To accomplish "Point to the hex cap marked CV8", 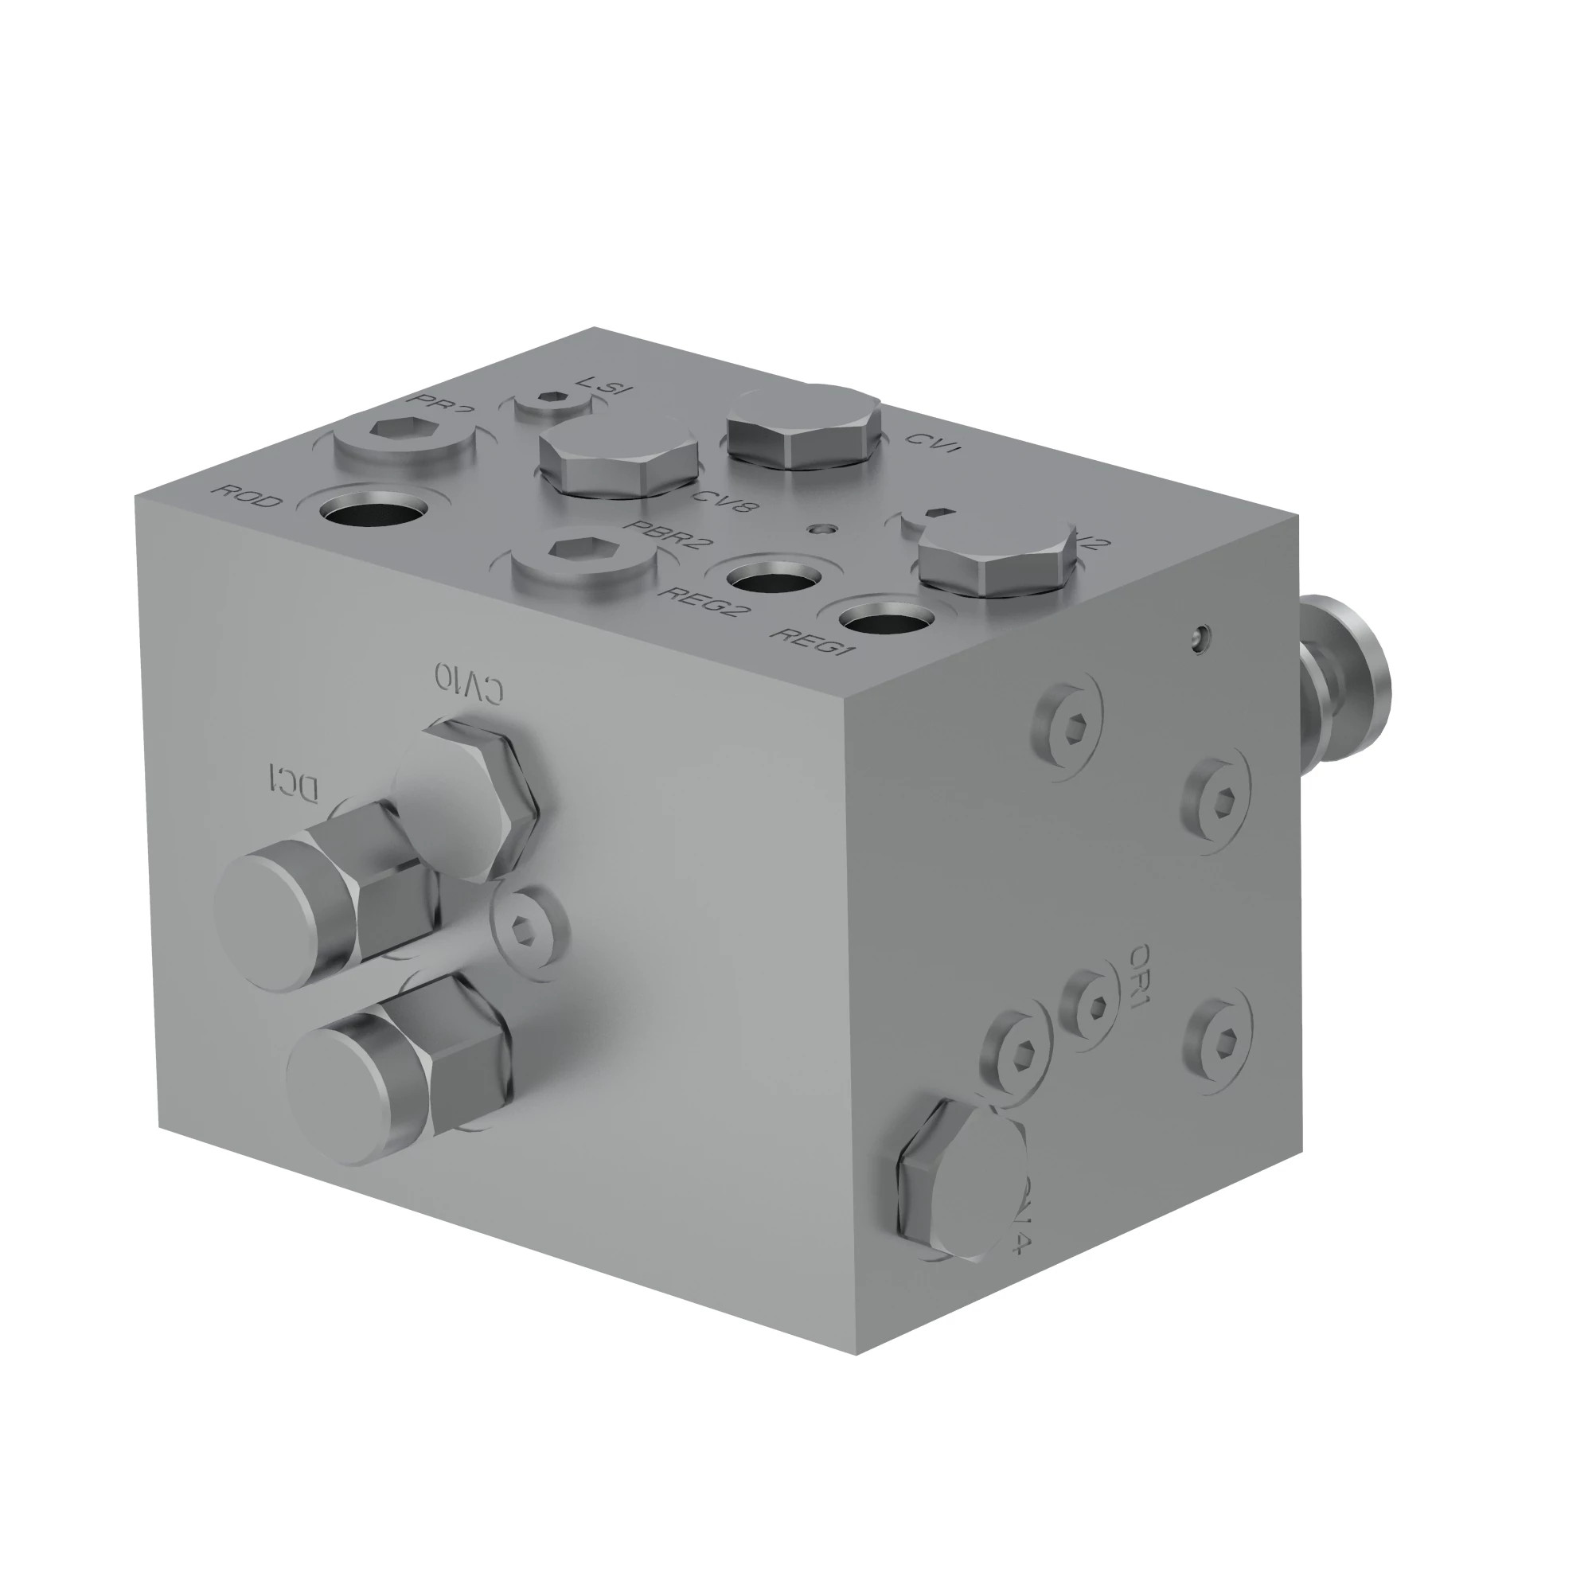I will [x=617, y=458].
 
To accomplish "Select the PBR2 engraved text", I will [x=669, y=537].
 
